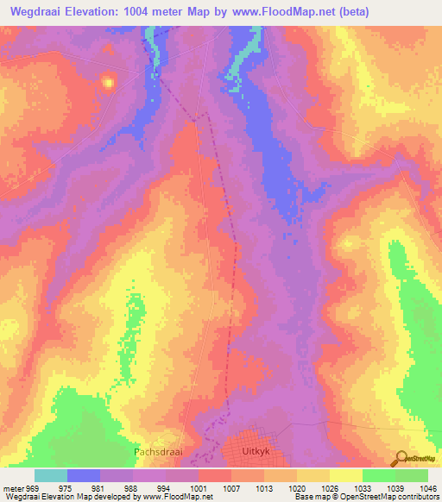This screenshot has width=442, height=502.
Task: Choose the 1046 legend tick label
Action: (427, 488)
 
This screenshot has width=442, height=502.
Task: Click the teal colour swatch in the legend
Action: (51, 475)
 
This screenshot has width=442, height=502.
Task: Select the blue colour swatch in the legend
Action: (84, 475)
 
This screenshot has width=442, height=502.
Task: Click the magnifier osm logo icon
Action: (401, 459)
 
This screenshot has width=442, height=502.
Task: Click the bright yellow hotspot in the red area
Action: (109, 83)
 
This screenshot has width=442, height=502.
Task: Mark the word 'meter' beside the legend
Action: (13, 488)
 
